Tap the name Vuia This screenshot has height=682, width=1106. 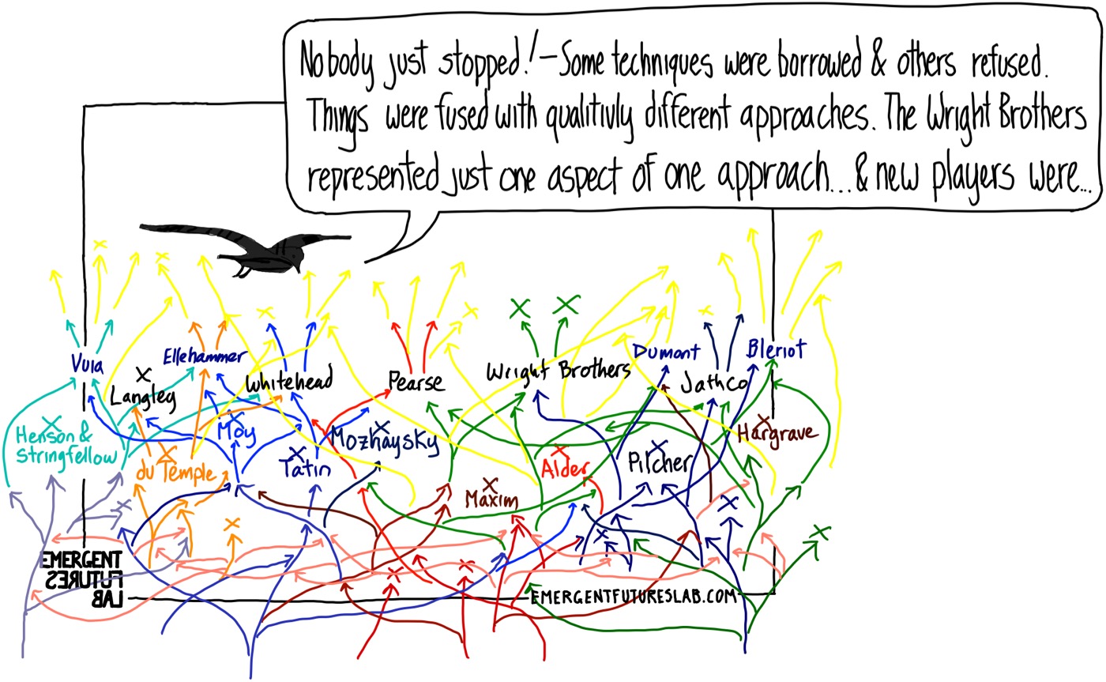[88, 364]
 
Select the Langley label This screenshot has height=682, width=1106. [143, 398]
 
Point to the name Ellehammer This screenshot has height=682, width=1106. [205, 356]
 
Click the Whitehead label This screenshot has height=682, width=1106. [289, 380]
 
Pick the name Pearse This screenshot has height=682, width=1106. [416, 382]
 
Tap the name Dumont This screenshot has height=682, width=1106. [667, 352]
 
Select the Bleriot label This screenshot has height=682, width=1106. [776, 349]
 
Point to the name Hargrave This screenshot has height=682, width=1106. [777, 434]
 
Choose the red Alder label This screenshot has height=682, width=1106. [566, 467]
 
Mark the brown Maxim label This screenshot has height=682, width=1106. [491, 499]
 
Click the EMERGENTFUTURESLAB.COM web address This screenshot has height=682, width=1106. [634, 597]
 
